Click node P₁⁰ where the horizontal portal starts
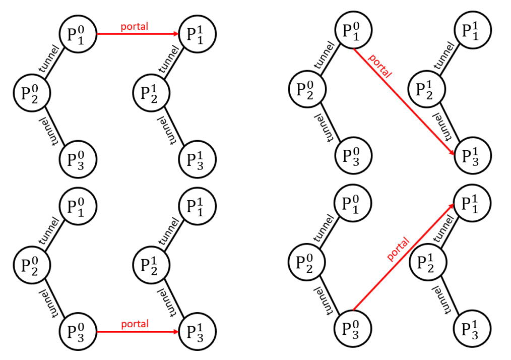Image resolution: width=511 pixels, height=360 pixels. pyautogui.click(x=78, y=34)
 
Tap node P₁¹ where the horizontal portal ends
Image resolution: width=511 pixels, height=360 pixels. pyautogui.click(x=198, y=34)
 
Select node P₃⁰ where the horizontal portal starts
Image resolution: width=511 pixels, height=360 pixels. pyautogui.click(x=78, y=332)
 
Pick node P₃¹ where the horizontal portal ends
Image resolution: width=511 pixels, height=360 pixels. pyautogui.click(x=198, y=332)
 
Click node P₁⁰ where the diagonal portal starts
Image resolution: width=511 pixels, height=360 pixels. pyautogui.click(x=353, y=30)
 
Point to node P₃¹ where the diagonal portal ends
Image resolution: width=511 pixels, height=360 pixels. pyautogui.click(x=473, y=155)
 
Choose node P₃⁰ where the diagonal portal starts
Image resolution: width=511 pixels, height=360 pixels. pyautogui.click(x=353, y=328)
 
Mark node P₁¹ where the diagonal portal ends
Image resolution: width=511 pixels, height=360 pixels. pyautogui.click(x=473, y=203)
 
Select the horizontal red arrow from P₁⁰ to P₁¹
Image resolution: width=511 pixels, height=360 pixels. pyautogui.click(x=138, y=34)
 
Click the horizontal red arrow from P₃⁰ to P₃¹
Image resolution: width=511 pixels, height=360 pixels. pyautogui.click(x=138, y=332)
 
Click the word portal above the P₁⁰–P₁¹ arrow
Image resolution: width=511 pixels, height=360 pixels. pyautogui.click(x=134, y=26)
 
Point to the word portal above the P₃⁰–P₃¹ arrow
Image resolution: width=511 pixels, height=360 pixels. pyautogui.click(x=135, y=324)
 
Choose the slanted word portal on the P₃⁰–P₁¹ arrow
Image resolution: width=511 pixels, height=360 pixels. pyautogui.click(x=398, y=250)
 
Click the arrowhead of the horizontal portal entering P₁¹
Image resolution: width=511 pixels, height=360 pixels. pyautogui.click(x=176, y=34)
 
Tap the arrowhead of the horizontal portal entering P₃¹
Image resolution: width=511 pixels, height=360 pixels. pyautogui.click(x=176, y=332)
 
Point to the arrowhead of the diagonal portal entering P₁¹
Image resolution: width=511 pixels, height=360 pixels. pyautogui.click(x=452, y=206)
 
